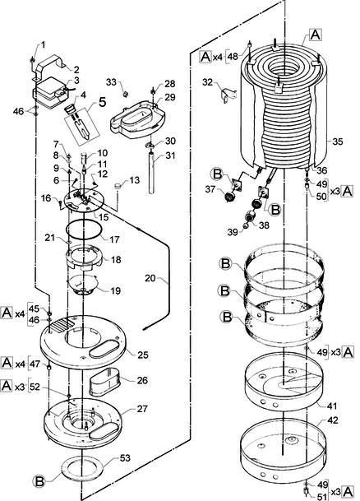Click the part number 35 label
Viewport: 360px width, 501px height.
[337, 141]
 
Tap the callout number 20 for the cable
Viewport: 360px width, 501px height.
[150, 278]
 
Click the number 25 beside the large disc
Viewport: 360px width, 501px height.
[143, 355]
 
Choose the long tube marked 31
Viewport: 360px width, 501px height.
[152, 173]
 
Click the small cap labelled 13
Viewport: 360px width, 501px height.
[118, 186]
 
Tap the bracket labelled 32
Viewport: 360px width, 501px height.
[228, 93]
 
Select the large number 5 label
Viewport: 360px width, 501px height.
[102, 102]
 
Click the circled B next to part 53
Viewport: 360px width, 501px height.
[39, 481]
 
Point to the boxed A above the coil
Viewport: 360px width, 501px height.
[316, 35]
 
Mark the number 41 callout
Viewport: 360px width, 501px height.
[331, 406]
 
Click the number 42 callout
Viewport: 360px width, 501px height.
[332, 420]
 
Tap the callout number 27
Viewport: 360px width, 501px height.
[143, 409]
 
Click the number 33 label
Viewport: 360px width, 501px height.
[111, 82]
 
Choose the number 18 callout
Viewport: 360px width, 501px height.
[116, 259]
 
